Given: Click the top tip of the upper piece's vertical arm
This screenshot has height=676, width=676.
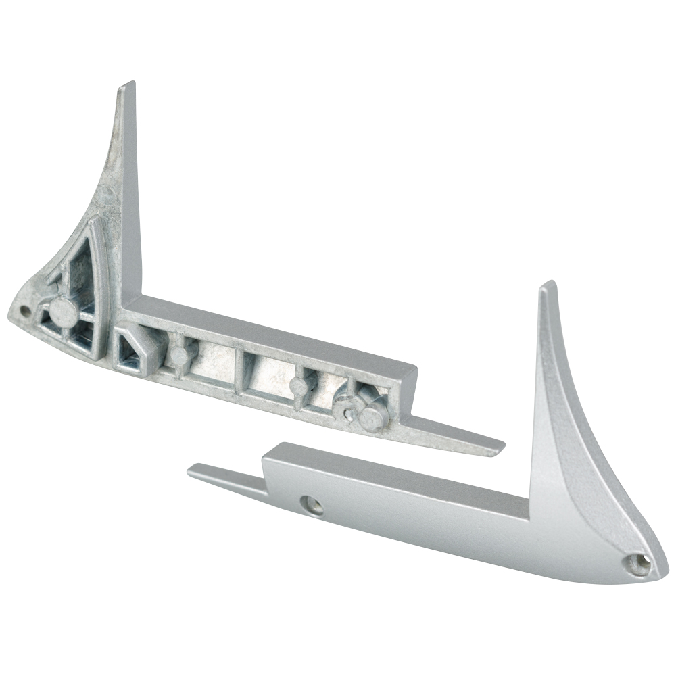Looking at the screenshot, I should (128, 87).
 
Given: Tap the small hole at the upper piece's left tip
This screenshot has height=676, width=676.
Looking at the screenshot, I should (25, 311).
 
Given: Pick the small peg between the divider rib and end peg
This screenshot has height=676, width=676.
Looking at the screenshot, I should (297, 387).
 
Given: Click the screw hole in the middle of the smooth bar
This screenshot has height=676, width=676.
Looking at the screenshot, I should (312, 503).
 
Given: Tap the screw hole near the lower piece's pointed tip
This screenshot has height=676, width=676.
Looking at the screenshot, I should (637, 562).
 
